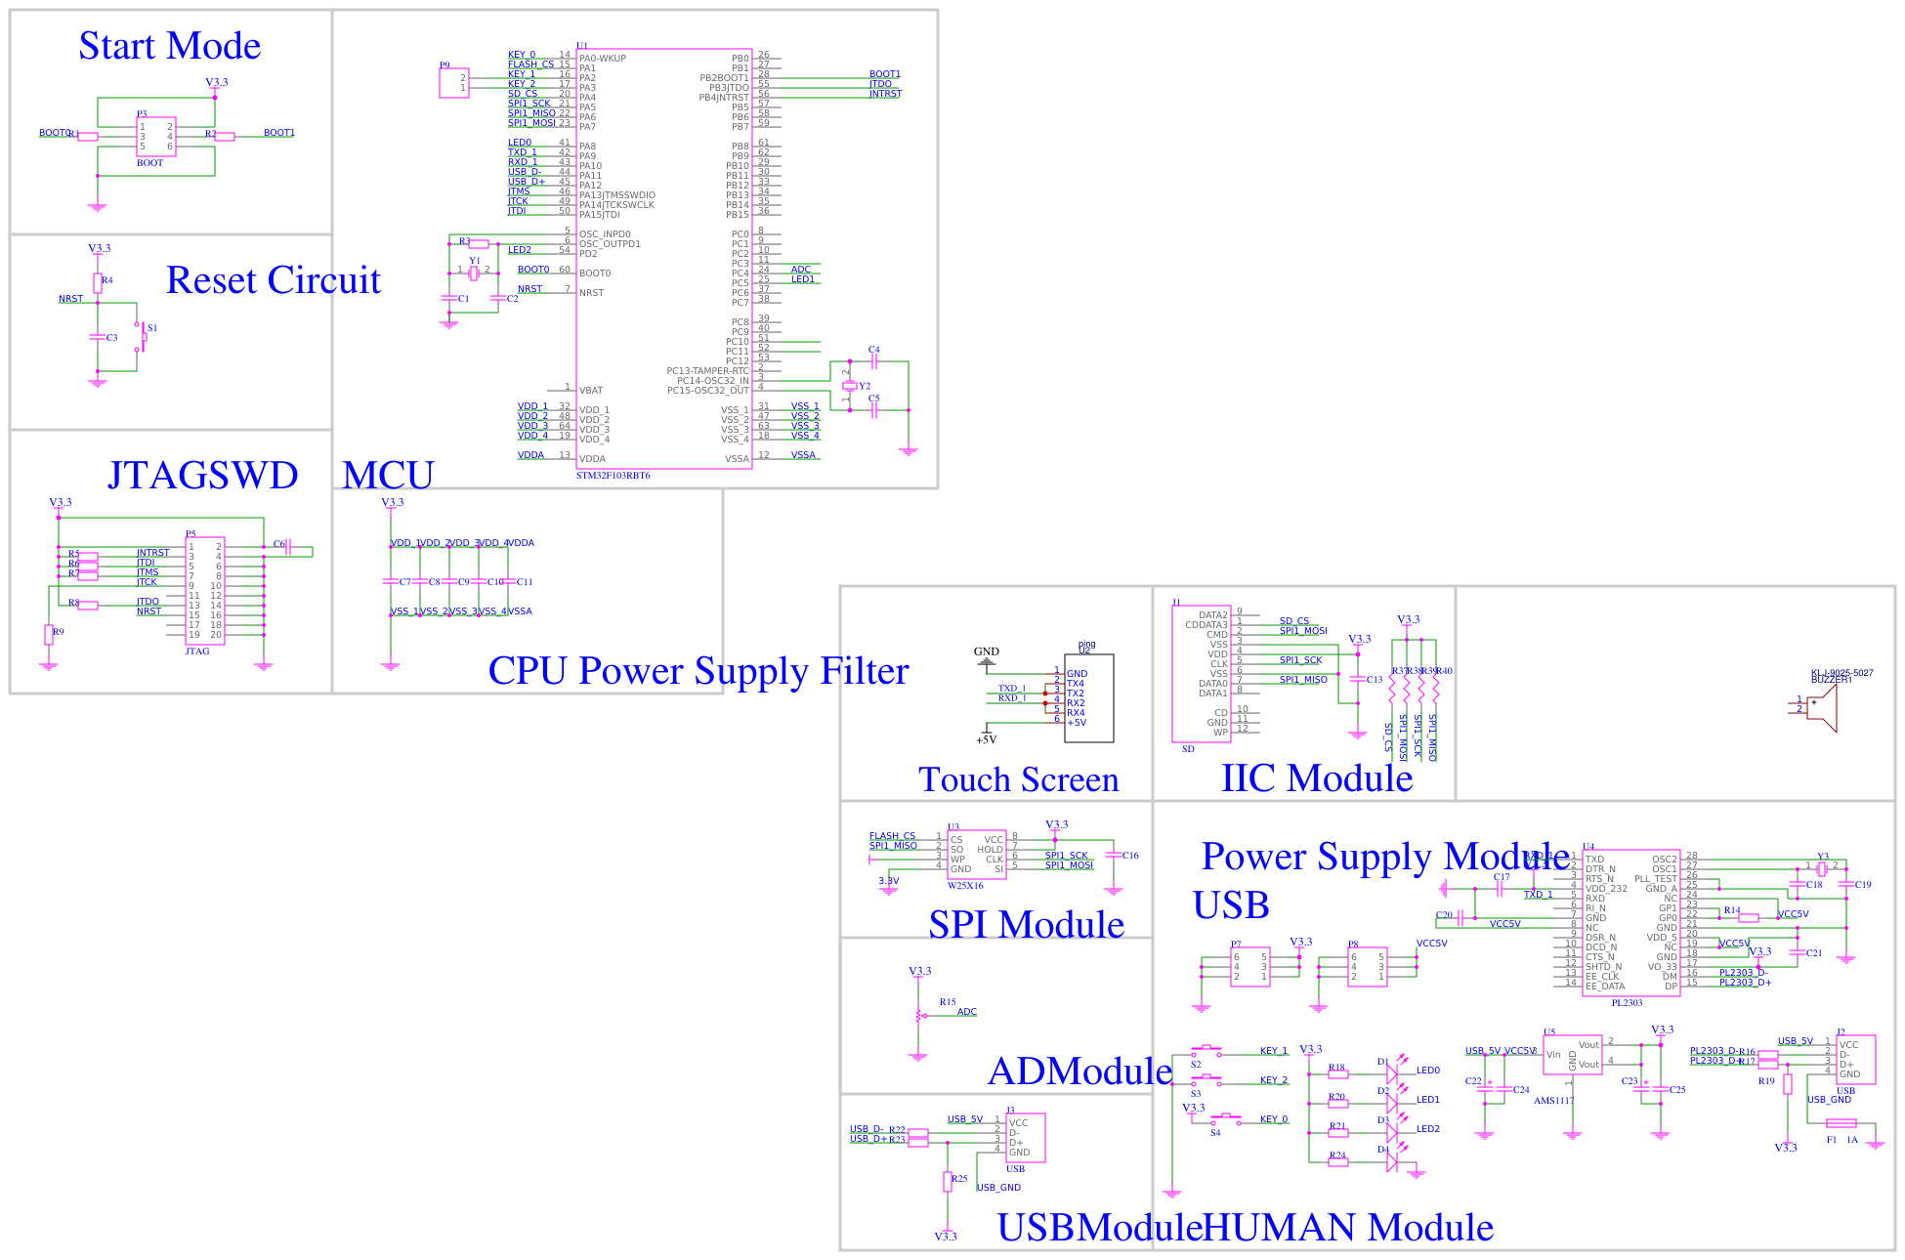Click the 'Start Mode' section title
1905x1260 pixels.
click(169, 46)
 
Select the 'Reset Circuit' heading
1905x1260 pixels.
click(273, 280)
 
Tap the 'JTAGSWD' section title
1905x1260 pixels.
click(202, 476)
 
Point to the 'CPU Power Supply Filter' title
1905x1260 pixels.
click(698, 671)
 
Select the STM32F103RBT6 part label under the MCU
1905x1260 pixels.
click(613, 476)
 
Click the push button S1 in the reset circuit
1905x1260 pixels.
click(143, 338)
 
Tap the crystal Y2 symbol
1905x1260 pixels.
click(849, 386)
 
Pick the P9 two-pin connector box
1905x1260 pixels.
click(453, 83)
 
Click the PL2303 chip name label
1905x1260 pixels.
click(1627, 1003)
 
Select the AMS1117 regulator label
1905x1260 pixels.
click(1553, 1101)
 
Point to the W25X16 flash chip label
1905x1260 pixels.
click(965, 886)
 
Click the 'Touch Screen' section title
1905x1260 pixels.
click(1018, 779)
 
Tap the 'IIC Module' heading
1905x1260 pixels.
click(1316, 778)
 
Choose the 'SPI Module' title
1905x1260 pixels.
click(1026, 925)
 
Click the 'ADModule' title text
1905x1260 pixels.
click(1079, 1071)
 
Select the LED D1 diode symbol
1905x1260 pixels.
click(1392, 1072)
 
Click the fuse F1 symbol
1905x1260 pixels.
click(1841, 1123)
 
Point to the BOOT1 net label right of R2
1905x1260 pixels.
click(278, 133)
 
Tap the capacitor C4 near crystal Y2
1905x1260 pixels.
click(873, 361)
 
